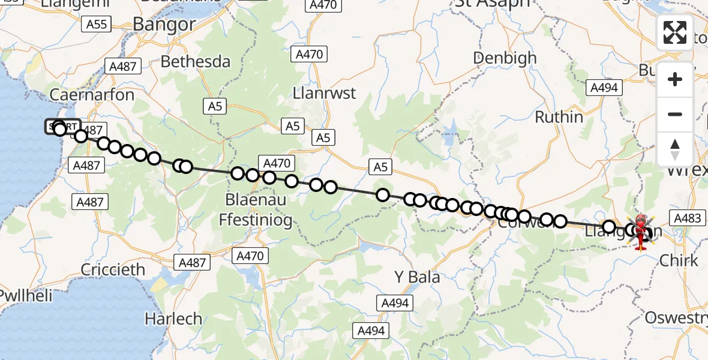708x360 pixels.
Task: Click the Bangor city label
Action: point(164,24)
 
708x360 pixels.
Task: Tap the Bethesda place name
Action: point(195,62)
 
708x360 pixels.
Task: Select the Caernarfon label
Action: point(83,95)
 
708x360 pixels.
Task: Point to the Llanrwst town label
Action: point(324,94)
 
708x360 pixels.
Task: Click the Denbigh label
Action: point(505,58)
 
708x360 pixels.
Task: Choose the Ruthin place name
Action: point(559,116)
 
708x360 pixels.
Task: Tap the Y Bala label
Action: point(417,277)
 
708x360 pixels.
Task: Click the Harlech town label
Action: point(174,318)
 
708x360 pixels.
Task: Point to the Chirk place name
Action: point(679,260)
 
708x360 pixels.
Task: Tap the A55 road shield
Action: point(96,24)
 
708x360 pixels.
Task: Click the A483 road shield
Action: point(688,218)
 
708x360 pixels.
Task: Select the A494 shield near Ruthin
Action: point(604,88)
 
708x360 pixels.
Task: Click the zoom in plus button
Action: point(675,79)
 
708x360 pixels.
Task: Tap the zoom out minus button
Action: point(675,114)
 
